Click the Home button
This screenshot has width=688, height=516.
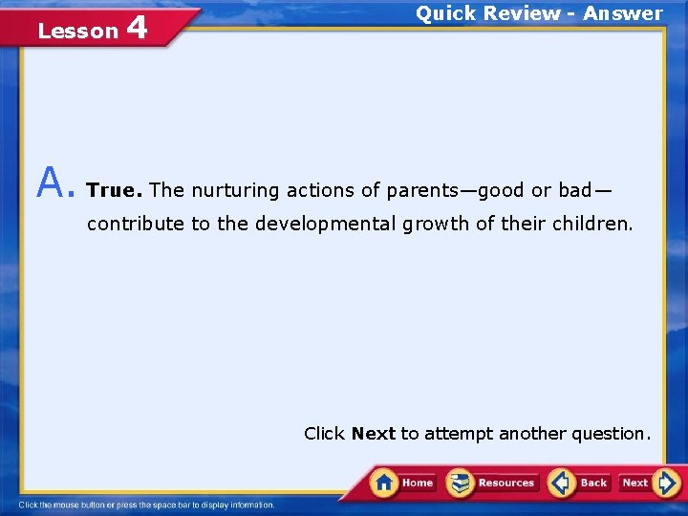[403, 483]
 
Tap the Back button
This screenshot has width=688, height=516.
[580, 483]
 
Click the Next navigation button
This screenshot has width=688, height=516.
[647, 483]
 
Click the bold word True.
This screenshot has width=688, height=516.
[114, 190]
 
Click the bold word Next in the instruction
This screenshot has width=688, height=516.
[373, 434]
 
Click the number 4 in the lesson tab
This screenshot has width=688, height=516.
[136, 28]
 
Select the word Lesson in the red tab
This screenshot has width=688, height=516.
[76, 31]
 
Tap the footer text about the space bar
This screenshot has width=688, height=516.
[146, 505]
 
